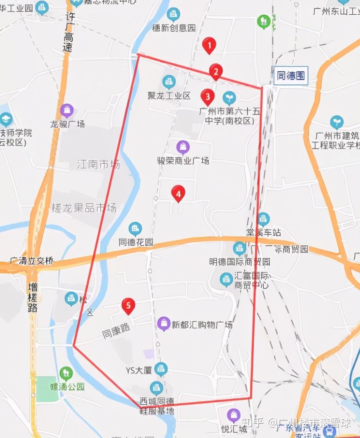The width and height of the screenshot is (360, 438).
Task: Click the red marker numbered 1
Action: tap(209, 46)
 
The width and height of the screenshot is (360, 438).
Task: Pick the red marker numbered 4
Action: tap(178, 193)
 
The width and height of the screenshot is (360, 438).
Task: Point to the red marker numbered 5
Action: tap(128, 306)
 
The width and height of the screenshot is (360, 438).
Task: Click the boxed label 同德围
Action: tap(291, 75)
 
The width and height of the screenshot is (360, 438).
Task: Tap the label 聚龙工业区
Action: tap(169, 96)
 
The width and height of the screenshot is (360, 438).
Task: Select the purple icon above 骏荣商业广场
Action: tap(183, 147)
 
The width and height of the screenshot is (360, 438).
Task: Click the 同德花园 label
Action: tap(136, 243)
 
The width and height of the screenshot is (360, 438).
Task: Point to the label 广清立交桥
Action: tap(32, 261)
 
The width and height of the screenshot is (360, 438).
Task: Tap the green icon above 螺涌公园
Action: tap(66, 373)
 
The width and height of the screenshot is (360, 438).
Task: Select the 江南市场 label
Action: tap(98, 164)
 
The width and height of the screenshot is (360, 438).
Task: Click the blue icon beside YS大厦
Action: tap(161, 369)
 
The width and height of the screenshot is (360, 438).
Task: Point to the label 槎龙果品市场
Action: tap(84, 208)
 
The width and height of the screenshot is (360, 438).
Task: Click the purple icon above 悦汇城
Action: tap(233, 415)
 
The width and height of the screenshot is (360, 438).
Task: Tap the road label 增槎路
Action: tap(33, 297)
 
